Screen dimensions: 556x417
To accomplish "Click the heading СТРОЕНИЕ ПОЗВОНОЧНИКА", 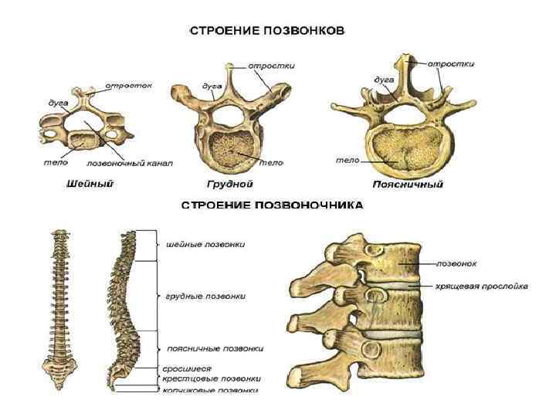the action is (272, 205).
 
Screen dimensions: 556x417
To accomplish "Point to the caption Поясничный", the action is (407, 185).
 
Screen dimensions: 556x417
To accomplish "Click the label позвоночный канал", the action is (131, 164).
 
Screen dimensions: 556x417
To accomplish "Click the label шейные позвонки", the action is (206, 244).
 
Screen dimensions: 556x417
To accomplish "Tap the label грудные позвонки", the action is (206, 295).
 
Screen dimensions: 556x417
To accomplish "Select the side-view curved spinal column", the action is (124, 309).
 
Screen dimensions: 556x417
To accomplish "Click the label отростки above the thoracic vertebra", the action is (267, 66).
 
